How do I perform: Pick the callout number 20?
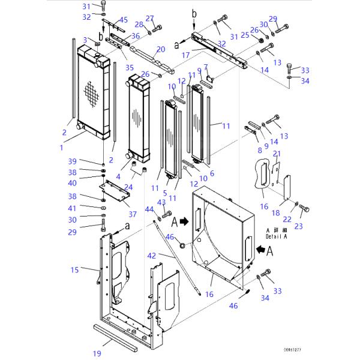(160, 49)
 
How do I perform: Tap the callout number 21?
(277, 154)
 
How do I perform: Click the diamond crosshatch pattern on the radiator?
(90, 93)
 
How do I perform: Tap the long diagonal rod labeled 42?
(180, 258)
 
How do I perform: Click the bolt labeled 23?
(304, 209)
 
